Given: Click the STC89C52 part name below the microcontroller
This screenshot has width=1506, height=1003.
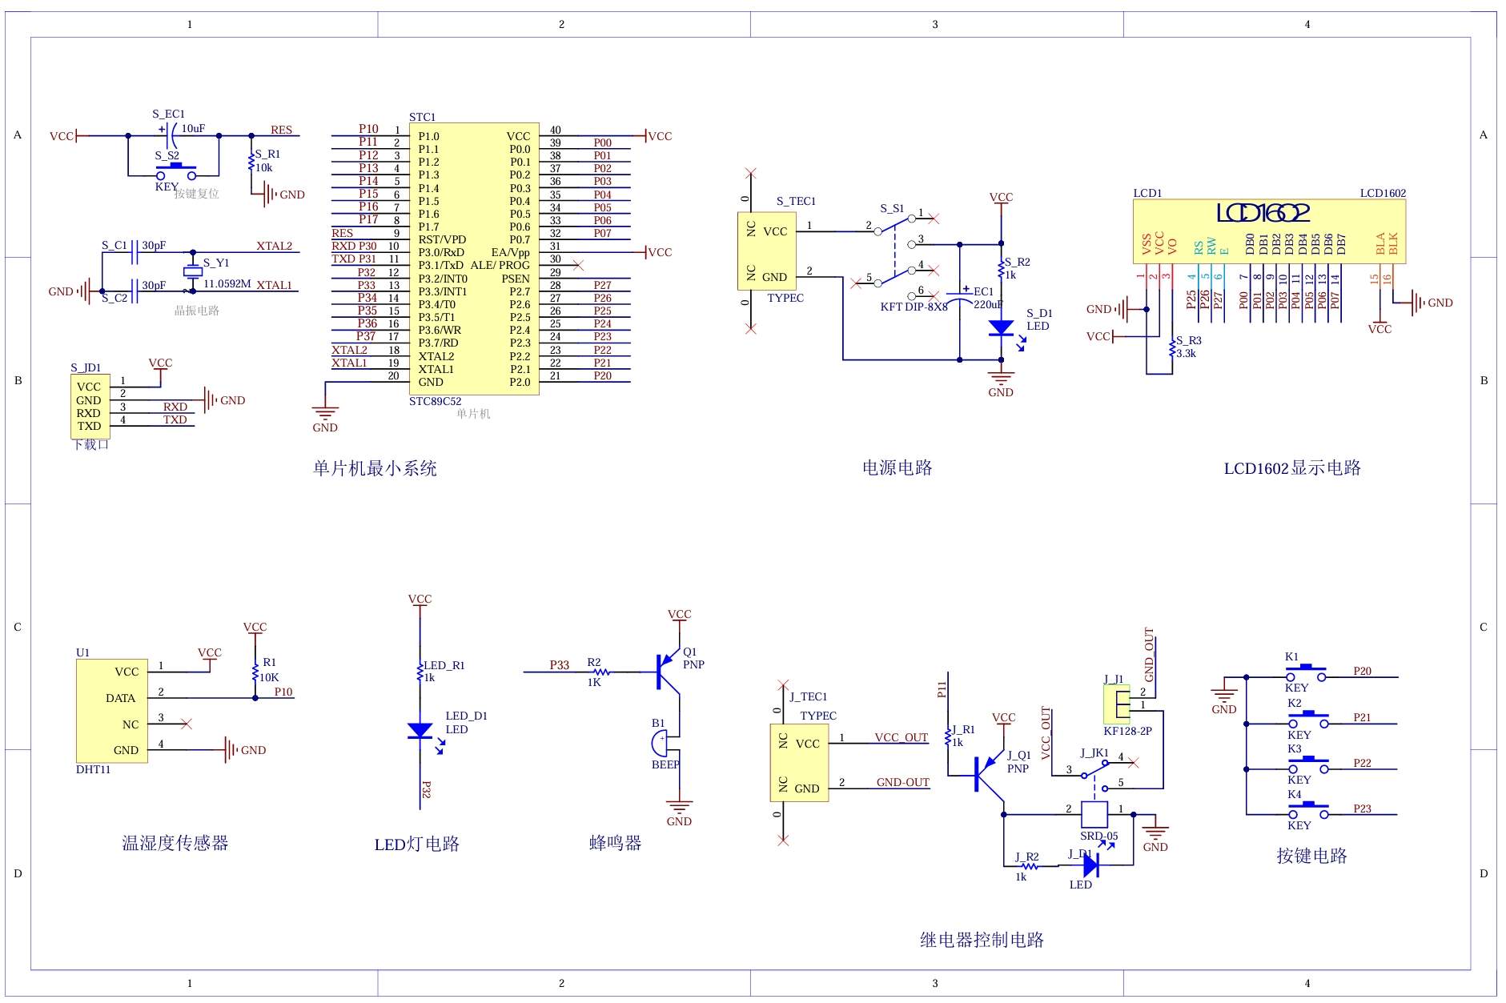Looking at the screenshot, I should click(x=435, y=402).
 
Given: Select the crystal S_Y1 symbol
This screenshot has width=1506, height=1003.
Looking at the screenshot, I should click(x=192, y=271).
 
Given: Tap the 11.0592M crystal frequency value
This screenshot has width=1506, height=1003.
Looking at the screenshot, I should click(x=227, y=284).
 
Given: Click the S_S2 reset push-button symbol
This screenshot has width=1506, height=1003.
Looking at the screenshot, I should click(x=176, y=172).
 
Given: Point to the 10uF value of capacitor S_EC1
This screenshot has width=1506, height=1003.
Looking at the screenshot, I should click(x=193, y=128).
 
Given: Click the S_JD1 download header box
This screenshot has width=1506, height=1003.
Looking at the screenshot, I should click(x=90, y=406).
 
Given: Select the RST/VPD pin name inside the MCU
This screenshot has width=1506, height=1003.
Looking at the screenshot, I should click(x=441, y=239).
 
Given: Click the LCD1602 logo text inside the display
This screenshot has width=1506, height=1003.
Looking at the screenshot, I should click(x=1263, y=213).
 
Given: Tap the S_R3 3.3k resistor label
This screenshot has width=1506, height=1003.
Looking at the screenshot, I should click(x=1187, y=347).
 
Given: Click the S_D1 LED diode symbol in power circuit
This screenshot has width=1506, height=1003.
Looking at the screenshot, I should click(x=1001, y=327).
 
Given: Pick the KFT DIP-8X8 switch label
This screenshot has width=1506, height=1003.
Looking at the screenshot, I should click(x=913, y=307).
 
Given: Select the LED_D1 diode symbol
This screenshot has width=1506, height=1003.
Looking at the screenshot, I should click(x=420, y=730).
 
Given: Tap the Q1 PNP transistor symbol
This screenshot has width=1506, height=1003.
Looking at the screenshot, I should click(x=667, y=672).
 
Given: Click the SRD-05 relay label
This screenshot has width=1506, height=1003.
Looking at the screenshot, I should click(x=1098, y=837).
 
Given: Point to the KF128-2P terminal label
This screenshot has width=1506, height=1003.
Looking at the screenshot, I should click(x=1127, y=731).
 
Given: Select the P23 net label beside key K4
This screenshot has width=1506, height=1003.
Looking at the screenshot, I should click(x=1362, y=808).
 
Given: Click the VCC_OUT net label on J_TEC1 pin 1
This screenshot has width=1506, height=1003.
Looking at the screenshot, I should click(x=901, y=738).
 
